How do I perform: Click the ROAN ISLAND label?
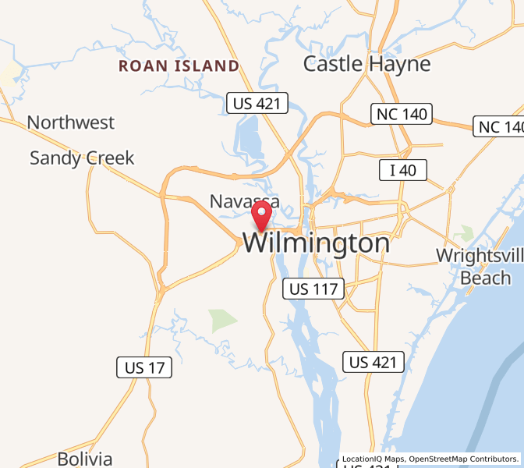179,66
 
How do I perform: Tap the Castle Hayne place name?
366,64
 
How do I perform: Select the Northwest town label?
70,122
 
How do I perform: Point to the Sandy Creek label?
82,158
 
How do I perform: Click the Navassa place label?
244,201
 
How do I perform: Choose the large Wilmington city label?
316,243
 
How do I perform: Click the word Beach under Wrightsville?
485,278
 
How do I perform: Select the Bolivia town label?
85,459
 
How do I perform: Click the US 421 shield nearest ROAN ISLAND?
257,103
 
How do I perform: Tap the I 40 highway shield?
402,170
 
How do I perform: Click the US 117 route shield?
313,289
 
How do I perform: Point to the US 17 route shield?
144,367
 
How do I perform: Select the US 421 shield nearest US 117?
374,362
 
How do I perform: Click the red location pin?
261,215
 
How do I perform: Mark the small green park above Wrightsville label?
466,232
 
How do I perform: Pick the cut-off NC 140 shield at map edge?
499,126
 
